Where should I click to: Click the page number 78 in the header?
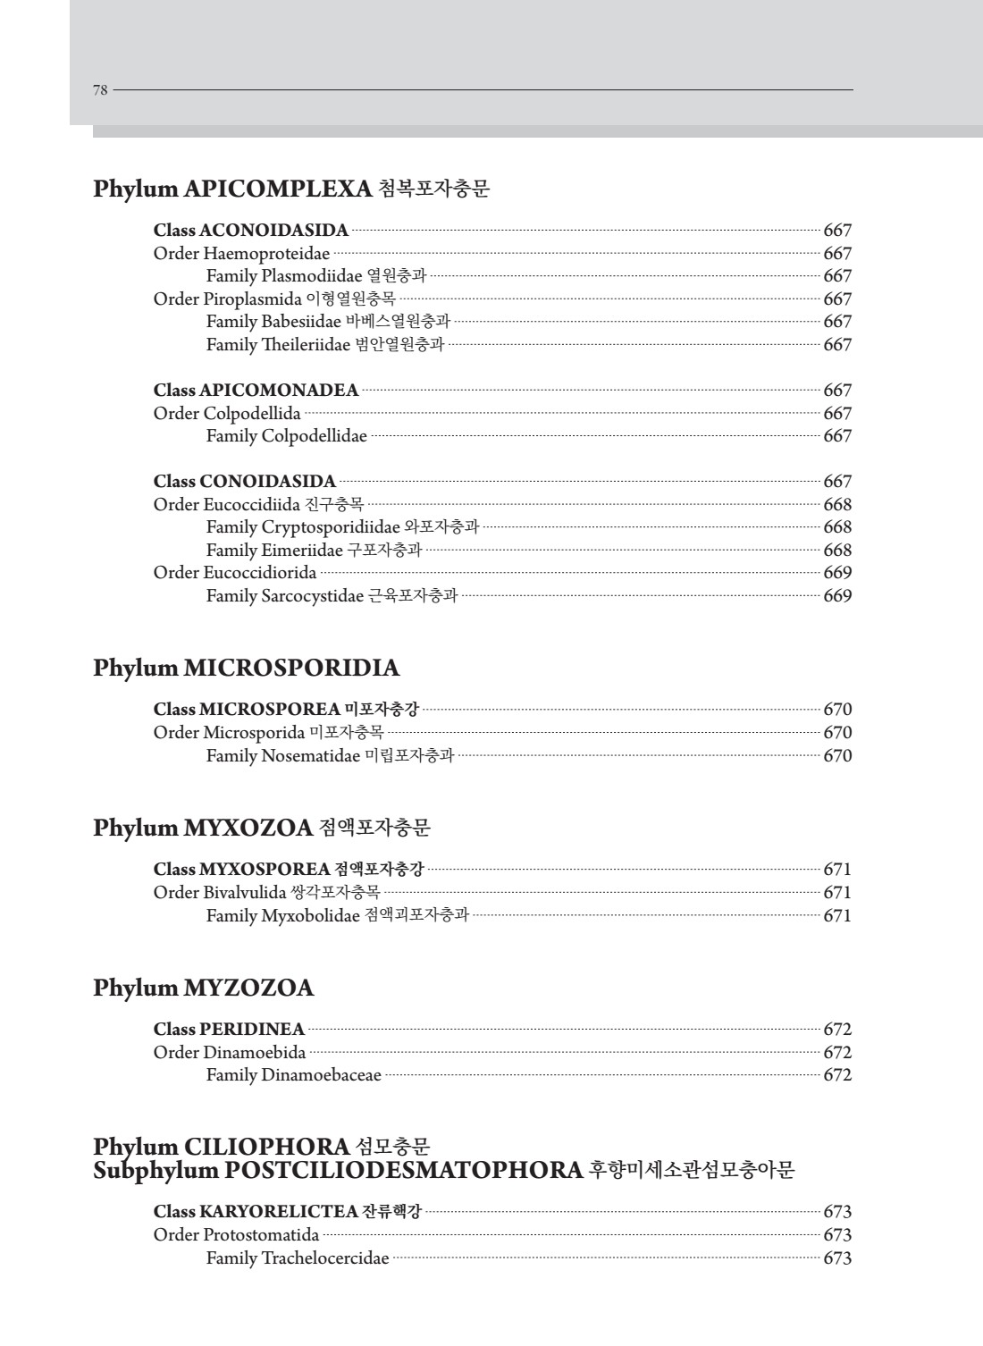click(x=100, y=89)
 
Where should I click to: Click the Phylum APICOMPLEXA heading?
click(x=290, y=189)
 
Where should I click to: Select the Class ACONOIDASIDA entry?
click(x=251, y=231)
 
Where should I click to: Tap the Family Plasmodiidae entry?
click(x=316, y=276)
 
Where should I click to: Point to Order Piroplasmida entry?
click(x=274, y=299)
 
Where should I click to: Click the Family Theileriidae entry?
click(x=324, y=344)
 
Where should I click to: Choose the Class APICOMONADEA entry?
click(x=256, y=390)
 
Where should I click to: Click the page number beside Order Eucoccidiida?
click(x=837, y=504)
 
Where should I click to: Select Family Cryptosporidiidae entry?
click(x=342, y=527)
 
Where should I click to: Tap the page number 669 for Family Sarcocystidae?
click(x=837, y=595)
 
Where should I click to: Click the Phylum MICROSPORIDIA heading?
click(x=246, y=669)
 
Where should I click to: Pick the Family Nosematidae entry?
click(x=330, y=755)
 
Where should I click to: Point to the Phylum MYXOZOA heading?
click(x=261, y=828)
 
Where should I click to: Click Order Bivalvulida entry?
click(x=266, y=892)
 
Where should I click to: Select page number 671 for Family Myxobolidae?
click(x=837, y=915)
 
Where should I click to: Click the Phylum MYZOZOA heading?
click(x=204, y=988)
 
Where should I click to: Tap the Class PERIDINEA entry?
click(x=229, y=1030)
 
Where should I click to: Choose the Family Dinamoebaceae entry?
click(x=294, y=1075)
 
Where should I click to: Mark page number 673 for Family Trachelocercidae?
click(x=837, y=1258)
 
